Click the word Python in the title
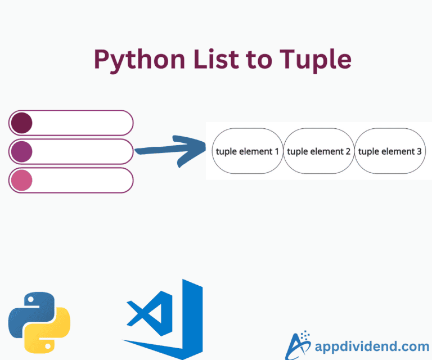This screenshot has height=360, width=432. pyautogui.click(x=139, y=60)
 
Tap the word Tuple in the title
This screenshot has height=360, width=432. pyautogui.click(x=316, y=60)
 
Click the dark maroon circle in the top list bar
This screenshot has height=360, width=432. pyautogui.click(x=21, y=123)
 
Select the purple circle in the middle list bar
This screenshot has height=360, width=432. pyautogui.click(x=21, y=151)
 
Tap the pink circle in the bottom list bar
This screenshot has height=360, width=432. pyautogui.click(x=21, y=180)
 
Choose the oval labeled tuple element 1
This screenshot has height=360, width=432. pyautogui.click(x=247, y=151)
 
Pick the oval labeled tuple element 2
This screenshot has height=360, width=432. pyautogui.click(x=319, y=151)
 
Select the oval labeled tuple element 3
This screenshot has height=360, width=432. pyautogui.click(x=390, y=151)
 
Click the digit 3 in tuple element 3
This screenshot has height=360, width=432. pyautogui.click(x=419, y=151)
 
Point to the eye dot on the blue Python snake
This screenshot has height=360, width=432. pyautogui.click(x=31, y=300)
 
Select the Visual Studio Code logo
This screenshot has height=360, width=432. pyautogui.click(x=163, y=319)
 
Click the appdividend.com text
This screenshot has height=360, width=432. pyautogui.click(x=372, y=346)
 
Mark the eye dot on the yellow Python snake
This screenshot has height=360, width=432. pyautogui.click(x=48, y=346)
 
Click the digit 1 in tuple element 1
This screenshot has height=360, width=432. pyautogui.click(x=277, y=151)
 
